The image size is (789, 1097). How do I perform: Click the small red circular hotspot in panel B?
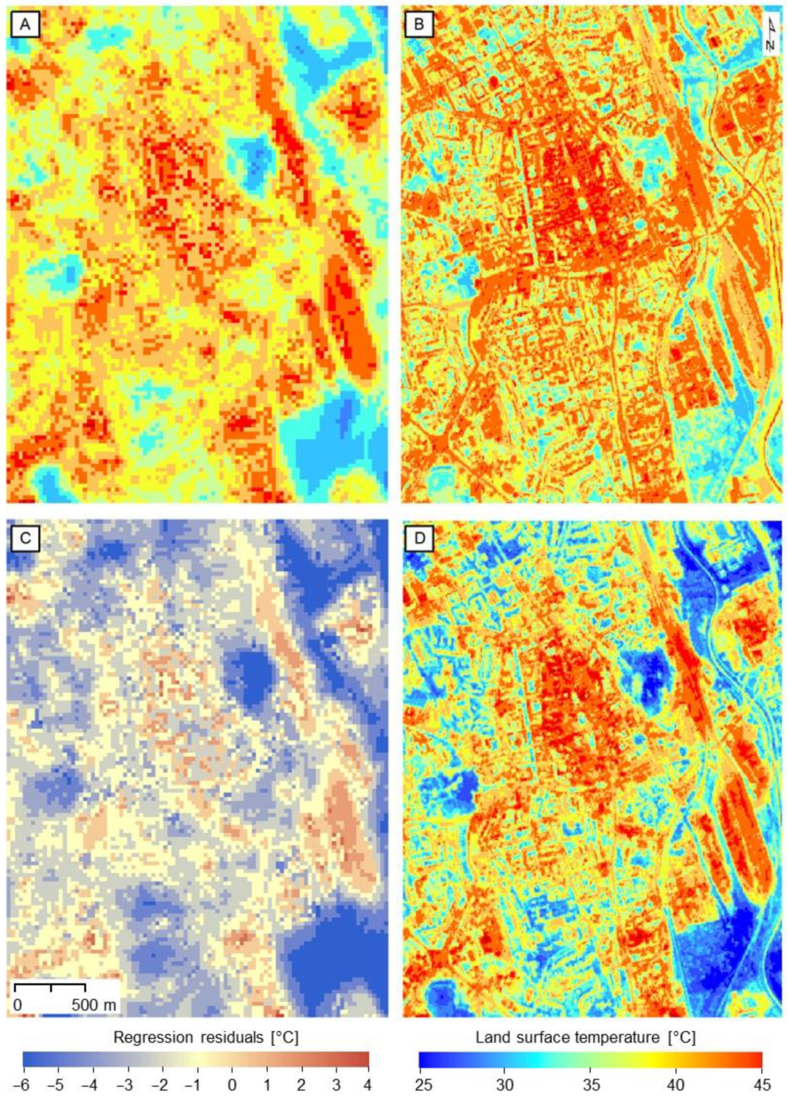493,82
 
